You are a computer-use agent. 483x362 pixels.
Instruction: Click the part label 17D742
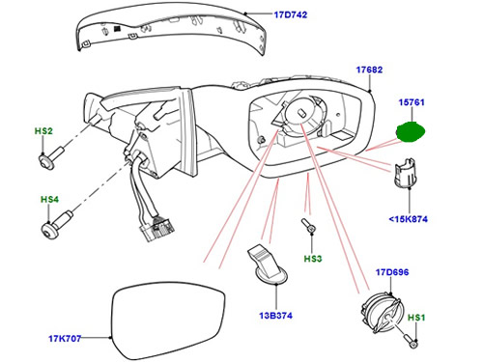pyautogui.click(x=291, y=14)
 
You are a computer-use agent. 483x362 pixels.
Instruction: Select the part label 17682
pyautogui.click(x=369, y=70)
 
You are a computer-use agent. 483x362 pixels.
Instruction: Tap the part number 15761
pyautogui.click(x=412, y=102)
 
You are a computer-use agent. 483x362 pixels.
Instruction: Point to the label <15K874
pyautogui.click(x=409, y=219)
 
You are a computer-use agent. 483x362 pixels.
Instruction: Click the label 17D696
pyautogui.click(x=392, y=272)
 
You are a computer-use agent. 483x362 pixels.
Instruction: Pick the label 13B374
pyautogui.click(x=276, y=316)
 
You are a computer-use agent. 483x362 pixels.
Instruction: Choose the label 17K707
pyautogui.click(x=65, y=339)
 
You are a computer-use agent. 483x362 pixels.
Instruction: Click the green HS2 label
pyautogui.click(x=43, y=131)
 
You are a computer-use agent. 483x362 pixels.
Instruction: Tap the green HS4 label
pyautogui.click(x=49, y=200)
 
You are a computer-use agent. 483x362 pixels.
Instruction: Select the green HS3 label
pyautogui.click(x=313, y=259)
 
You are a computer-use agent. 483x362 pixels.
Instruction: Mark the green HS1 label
pyautogui.click(x=416, y=318)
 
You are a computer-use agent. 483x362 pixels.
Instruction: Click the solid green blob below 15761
pyautogui.click(x=411, y=131)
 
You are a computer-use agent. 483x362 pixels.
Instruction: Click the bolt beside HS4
pyautogui.click(x=57, y=224)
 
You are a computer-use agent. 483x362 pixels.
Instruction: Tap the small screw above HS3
pyautogui.click(x=308, y=226)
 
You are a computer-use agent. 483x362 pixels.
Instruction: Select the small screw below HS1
pyautogui.click(x=411, y=341)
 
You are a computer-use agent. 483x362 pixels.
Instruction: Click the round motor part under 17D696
pyautogui.click(x=382, y=313)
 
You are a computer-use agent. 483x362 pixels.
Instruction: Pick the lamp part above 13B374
pyautogui.click(x=269, y=265)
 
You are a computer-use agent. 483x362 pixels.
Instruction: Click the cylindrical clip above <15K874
pyautogui.click(x=405, y=173)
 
